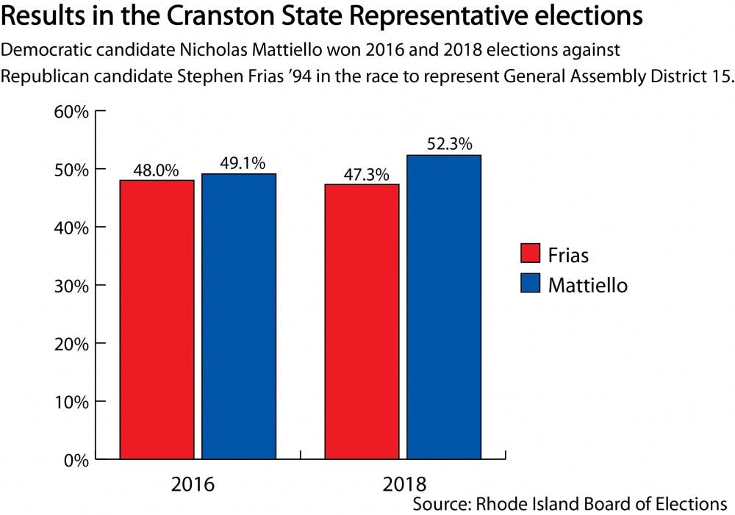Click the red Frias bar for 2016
point(157,320)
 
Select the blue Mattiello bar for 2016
point(238,316)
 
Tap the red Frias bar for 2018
point(362,322)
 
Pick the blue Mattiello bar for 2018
point(444,307)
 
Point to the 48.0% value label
point(156,170)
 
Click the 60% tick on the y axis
point(72,112)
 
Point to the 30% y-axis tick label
point(72,286)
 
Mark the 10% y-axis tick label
point(72,402)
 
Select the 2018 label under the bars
point(403,485)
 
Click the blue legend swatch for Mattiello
point(531,284)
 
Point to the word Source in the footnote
point(438,504)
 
